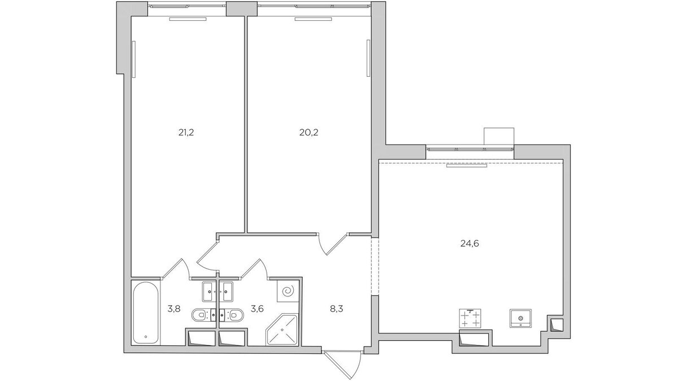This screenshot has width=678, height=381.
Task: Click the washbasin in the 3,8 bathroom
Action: click(x=208, y=292)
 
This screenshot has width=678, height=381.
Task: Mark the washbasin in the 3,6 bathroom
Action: click(x=227, y=292)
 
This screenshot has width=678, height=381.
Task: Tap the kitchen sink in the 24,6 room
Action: click(x=520, y=318)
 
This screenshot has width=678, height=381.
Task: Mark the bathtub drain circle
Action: click(x=146, y=337)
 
